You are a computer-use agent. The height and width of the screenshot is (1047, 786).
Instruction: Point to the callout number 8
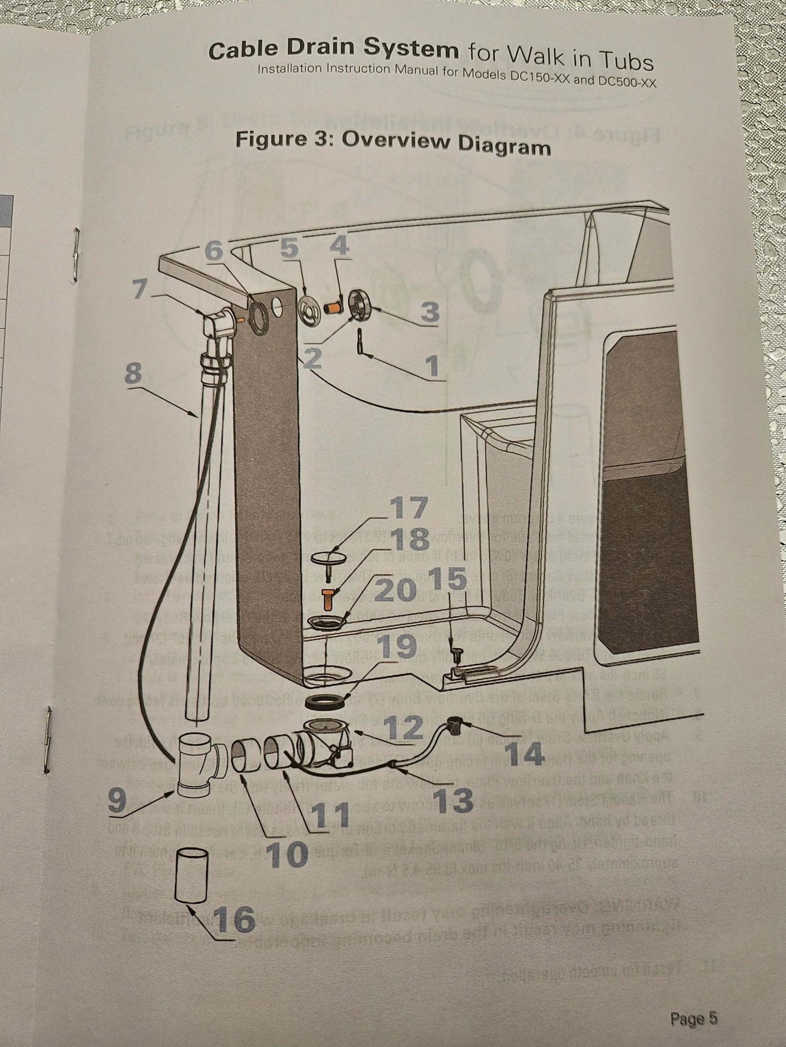[133, 373]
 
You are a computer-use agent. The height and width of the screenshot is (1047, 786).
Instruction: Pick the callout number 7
[141, 290]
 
